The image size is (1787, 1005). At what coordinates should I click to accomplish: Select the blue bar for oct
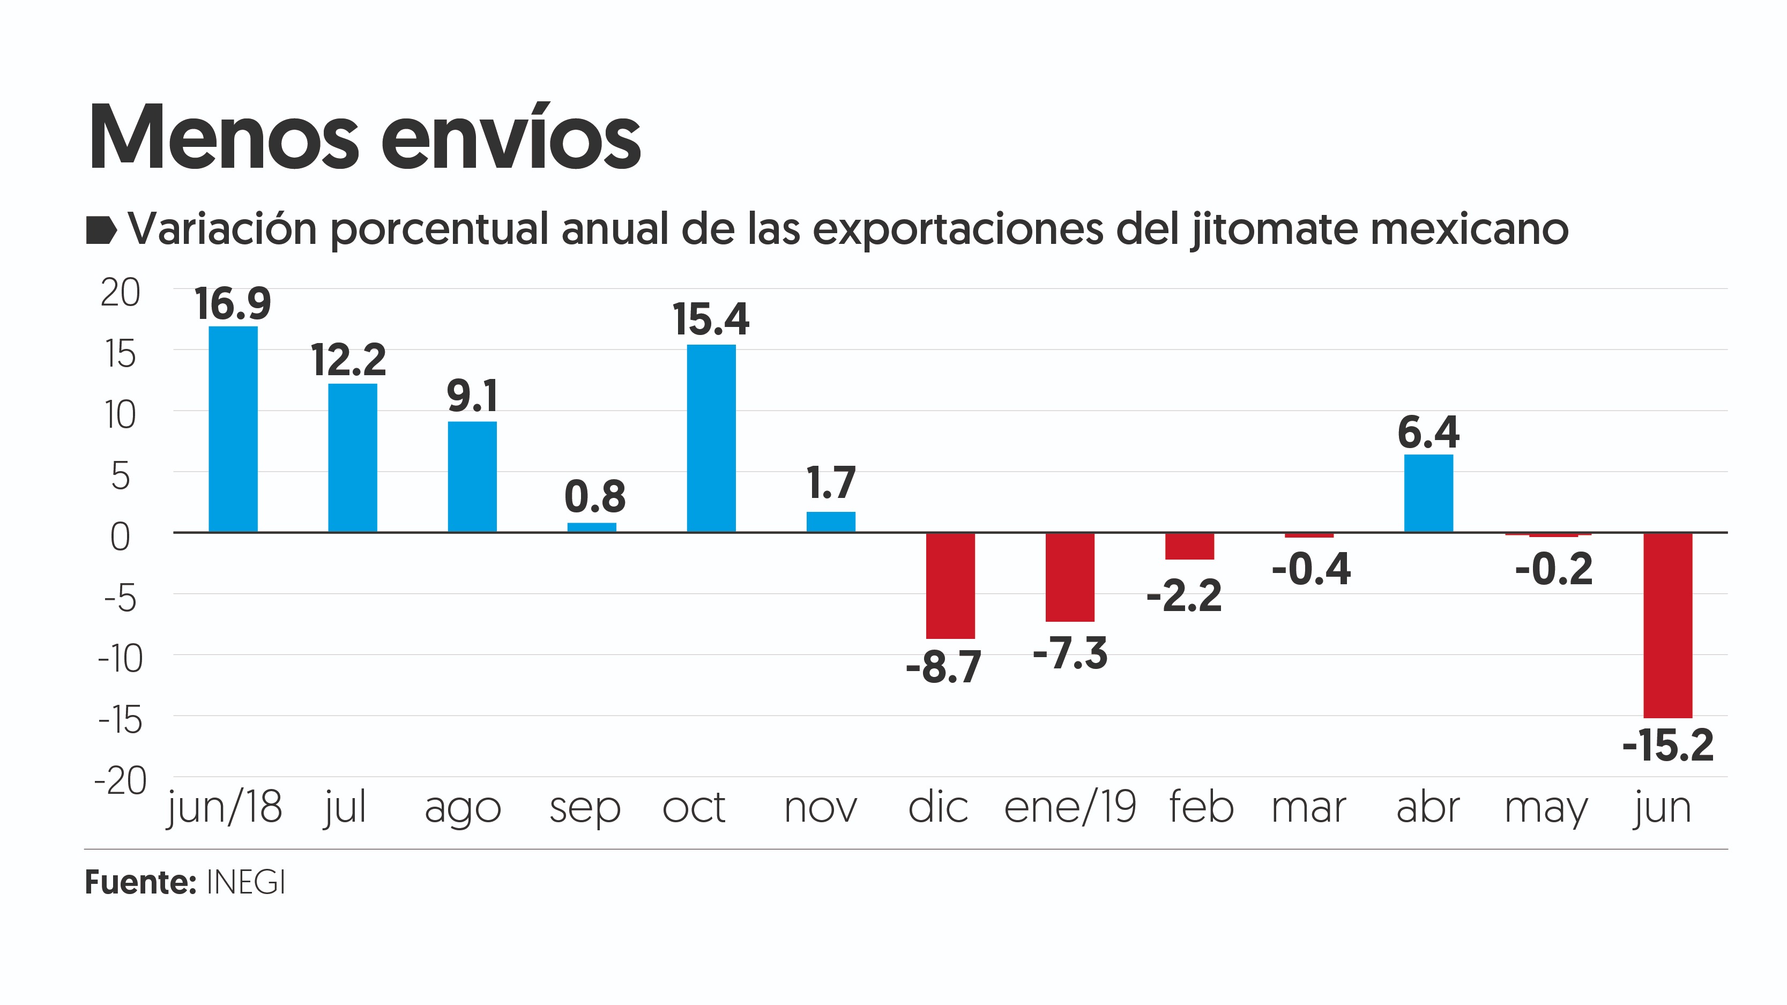click(x=711, y=438)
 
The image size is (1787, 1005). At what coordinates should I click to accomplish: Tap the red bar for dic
click(x=950, y=585)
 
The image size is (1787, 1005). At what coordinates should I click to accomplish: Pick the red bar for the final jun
click(x=1667, y=625)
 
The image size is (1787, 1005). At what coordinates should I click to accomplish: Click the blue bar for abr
click(x=1428, y=493)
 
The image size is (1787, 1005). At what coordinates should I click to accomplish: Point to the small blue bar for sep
click(x=592, y=527)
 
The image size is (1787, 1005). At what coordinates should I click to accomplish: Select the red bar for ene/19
click(x=1070, y=577)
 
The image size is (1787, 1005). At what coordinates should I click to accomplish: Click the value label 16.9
click(x=233, y=304)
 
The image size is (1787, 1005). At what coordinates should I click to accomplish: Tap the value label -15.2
click(x=1667, y=746)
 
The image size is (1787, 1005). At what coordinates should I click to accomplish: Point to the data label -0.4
click(x=1311, y=569)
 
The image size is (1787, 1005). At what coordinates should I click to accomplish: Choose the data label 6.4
click(x=1428, y=433)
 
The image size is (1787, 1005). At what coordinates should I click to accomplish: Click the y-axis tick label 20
click(x=120, y=293)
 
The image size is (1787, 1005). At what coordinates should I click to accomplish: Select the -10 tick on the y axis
click(x=120, y=659)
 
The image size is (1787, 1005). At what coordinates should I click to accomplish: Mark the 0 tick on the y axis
click(x=120, y=537)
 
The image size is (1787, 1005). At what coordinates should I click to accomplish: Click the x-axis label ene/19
click(x=1070, y=807)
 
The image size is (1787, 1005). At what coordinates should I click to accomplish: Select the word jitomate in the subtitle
click(x=1275, y=229)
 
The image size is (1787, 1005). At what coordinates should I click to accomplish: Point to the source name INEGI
click(x=246, y=883)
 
